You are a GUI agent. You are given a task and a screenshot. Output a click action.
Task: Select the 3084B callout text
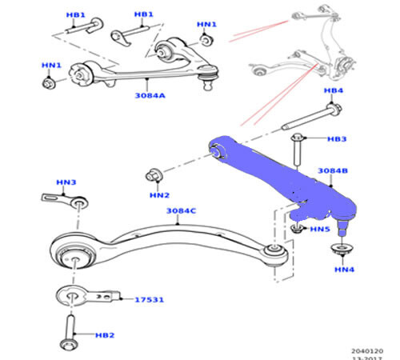(x=332, y=171)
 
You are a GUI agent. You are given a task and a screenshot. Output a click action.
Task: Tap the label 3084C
(x=182, y=211)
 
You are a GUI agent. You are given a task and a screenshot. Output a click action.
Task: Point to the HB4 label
(x=334, y=91)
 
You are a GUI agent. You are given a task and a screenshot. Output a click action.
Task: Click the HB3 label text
(x=337, y=139)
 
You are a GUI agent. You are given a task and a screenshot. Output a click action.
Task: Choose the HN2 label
(x=159, y=194)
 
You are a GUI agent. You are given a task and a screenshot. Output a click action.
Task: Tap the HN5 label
(x=320, y=230)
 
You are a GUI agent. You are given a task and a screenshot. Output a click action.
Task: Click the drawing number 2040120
(x=368, y=350)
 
